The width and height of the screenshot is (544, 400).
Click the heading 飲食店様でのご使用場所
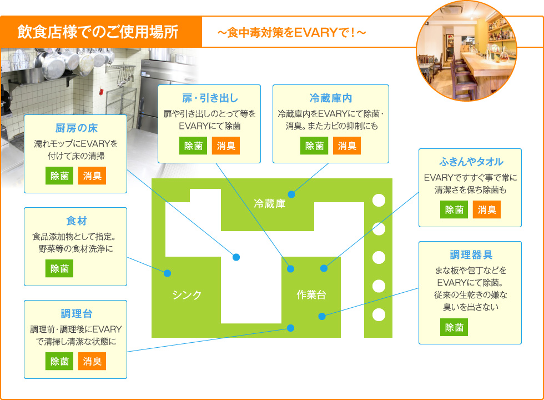pos(98,32)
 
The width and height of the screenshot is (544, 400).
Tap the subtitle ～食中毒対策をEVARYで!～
pos(291,33)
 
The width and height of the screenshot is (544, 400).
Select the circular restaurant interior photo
pos(467,51)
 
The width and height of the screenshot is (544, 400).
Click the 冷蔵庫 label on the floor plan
pos(270,203)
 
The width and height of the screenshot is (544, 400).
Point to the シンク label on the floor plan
pos(187,295)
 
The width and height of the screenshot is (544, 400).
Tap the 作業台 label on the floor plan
pos(311,295)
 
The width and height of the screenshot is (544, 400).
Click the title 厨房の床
pos(77,128)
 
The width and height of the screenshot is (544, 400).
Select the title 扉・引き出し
pos(210,98)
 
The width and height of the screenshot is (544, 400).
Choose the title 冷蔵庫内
pos(331,98)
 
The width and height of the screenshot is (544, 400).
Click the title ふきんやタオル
pos(471,162)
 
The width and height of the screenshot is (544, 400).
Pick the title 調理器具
pos(471,255)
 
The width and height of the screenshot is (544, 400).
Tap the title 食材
pos(77,221)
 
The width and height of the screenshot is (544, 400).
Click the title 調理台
pos(77,313)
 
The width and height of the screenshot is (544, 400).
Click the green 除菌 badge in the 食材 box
pos(59,268)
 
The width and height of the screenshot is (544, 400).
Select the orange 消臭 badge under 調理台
pos(92,361)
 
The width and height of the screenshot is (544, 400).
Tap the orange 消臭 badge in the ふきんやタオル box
pos(487,209)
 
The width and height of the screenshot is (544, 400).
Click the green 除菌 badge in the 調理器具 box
pos(454,327)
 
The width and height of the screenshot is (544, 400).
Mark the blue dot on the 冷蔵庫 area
pos(291,194)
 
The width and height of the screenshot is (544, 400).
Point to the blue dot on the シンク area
pos(167,273)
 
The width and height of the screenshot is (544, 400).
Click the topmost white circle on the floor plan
pos(379,201)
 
